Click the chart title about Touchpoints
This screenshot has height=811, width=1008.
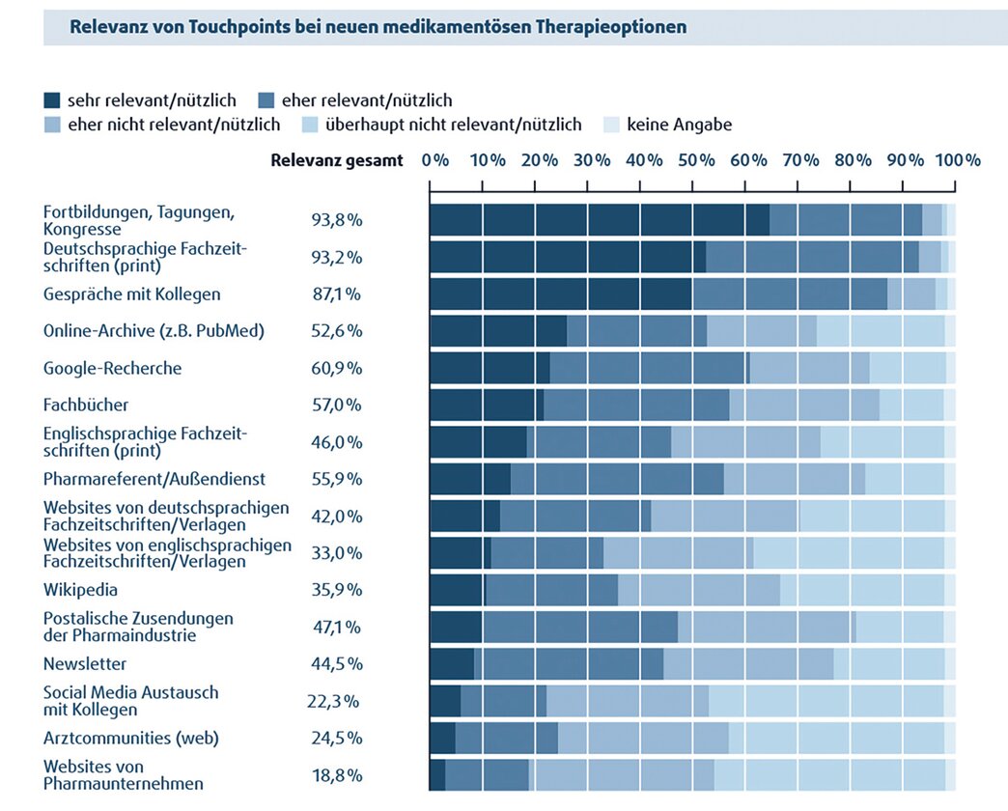(x=378, y=27)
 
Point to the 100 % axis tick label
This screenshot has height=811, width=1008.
(x=958, y=160)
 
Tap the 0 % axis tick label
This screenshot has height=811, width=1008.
(x=435, y=160)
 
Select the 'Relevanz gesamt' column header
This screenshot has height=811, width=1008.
(x=337, y=160)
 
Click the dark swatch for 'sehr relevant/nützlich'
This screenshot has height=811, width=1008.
(x=52, y=99)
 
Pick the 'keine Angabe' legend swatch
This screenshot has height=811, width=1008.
(x=611, y=125)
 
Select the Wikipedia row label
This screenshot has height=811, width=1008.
(x=80, y=590)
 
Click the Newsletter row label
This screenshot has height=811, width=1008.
(x=85, y=664)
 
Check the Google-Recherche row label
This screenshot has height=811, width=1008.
(x=112, y=369)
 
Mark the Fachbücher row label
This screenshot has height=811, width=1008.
(x=86, y=405)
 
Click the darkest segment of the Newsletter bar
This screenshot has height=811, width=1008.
(x=452, y=664)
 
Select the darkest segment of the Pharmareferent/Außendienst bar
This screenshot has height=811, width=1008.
(x=470, y=479)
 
